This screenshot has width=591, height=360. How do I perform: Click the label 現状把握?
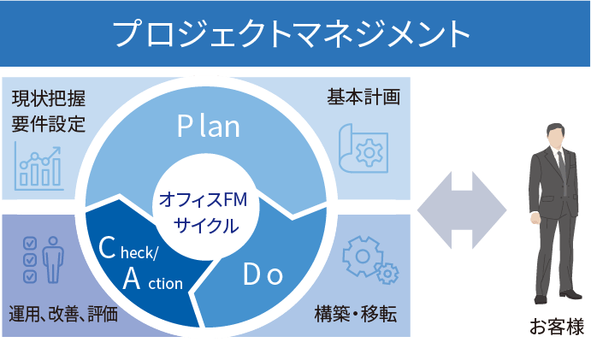(49, 98)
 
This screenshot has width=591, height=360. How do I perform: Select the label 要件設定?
(49, 124)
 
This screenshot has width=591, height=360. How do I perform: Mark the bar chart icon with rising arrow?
(38, 168)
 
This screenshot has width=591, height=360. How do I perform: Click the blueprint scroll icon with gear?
(363, 151)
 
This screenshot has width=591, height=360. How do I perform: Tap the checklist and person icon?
(41, 259)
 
